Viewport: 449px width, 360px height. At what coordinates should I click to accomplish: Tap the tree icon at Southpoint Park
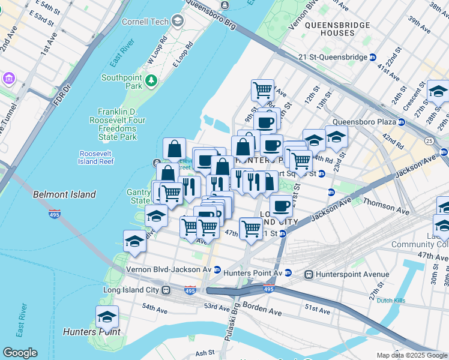(152, 79)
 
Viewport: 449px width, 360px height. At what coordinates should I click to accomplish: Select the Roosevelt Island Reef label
(96, 157)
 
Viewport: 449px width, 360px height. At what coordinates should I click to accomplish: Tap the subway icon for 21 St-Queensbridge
(372, 58)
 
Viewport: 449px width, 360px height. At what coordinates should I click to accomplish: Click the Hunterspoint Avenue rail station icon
(309, 274)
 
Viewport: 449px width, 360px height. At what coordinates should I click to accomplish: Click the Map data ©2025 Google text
(412, 355)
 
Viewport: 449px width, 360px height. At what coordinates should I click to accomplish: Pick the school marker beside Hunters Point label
(107, 316)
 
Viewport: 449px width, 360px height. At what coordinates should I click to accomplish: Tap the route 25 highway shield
(444, 140)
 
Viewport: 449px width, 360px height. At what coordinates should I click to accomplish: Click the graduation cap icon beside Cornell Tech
(177, 22)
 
